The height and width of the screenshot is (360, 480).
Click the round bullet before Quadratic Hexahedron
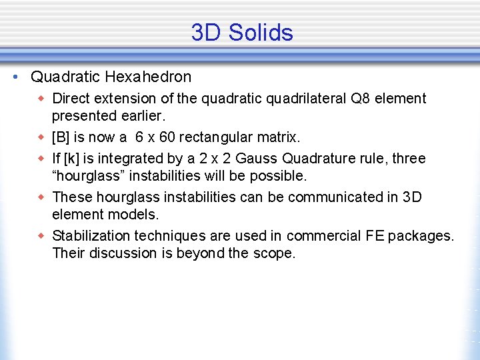click(x=15, y=77)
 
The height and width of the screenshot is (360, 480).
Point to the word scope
click(x=274, y=253)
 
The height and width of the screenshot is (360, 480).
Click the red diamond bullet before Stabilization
click(x=42, y=236)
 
